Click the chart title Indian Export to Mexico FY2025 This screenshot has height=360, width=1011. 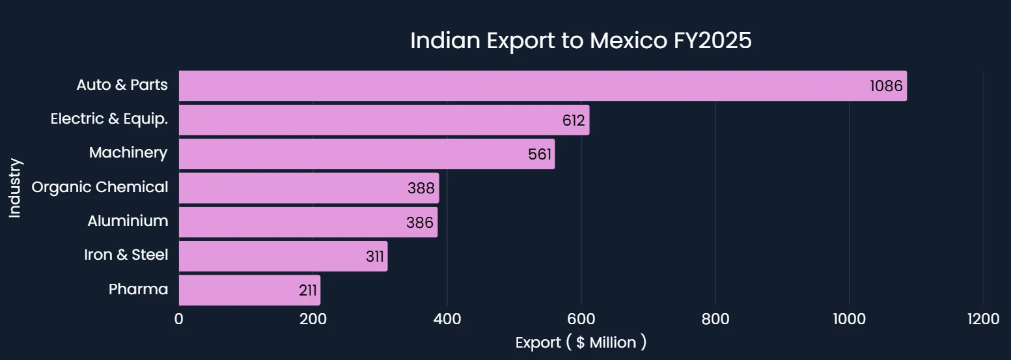coord(581,40)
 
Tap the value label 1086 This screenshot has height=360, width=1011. coord(886,87)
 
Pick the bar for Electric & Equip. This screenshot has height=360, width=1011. coord(365,120)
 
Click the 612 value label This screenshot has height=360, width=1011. coord(574,120)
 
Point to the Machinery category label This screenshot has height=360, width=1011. coord(128,152)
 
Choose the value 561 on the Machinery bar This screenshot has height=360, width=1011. coord(540,154)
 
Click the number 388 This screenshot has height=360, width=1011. coord(421,188)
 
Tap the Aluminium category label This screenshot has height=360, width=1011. coord(128,221)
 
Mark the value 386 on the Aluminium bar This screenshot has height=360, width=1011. coord(420,223)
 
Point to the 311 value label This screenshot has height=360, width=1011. coord(374,256)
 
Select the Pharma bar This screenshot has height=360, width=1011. coord(234,290)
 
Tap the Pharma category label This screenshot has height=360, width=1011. coord(138,289)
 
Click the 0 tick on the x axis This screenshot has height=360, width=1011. coord(179,319)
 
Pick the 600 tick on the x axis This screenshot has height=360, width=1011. coord(581,319)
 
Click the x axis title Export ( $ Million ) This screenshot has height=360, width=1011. coord(581,342)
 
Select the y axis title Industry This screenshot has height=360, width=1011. coord(15,188)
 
